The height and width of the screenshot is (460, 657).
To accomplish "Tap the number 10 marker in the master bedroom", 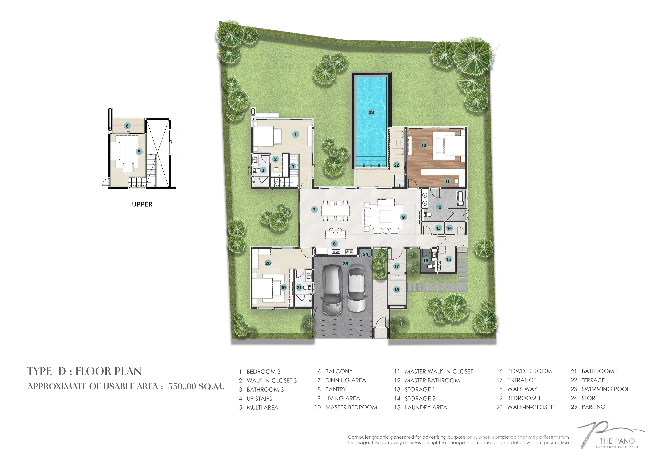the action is (x=424, y=145).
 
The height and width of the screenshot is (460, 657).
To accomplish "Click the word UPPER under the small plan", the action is (x=142, y=204).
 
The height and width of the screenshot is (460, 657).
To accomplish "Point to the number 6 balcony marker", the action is (x=127, y=126).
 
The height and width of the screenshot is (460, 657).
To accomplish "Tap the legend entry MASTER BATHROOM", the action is (x=432, y=380).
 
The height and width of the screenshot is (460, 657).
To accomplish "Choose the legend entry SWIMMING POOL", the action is (x=605, y=389).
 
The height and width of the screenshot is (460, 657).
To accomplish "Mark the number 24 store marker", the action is (x=365, y=254).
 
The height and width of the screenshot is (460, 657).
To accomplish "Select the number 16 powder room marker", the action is (x=426, y=261).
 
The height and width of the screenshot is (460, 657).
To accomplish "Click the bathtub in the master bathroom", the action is (x=460, y=198).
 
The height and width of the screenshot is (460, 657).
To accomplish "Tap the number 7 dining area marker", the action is (x=314, y=210).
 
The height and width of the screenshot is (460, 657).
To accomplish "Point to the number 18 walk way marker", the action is (x=397, y=290).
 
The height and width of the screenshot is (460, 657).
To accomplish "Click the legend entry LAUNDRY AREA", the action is (x=426, y=407).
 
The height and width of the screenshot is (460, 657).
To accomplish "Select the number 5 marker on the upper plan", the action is (x=139, y=152).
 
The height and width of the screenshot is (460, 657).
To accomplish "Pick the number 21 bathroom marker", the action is (x=299, y=287).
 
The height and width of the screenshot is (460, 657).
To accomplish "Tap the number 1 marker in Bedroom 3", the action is (x=296, y=135).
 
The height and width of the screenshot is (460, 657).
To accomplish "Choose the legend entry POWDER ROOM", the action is (x=529, y=371).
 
